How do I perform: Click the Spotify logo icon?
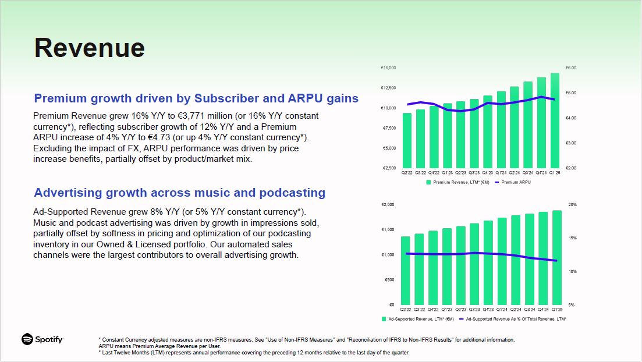pos(27,339)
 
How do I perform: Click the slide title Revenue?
pos(89,48)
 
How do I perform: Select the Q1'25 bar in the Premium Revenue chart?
pos(555,120)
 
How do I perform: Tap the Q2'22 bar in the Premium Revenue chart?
pos(407,140)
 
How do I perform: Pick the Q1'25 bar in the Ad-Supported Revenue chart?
pos(556,258)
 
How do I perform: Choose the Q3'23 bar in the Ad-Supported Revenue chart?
pos(474,264)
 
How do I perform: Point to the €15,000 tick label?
pos(388,68)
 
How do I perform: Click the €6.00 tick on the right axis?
pos(571,68)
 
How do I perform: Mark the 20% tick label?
pos(572,205)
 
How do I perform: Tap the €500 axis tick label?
pos(389,280)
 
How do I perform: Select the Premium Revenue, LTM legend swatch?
pos(428,182)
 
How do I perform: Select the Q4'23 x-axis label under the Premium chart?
pos(487,173)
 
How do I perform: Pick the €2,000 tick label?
pos(388,205)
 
